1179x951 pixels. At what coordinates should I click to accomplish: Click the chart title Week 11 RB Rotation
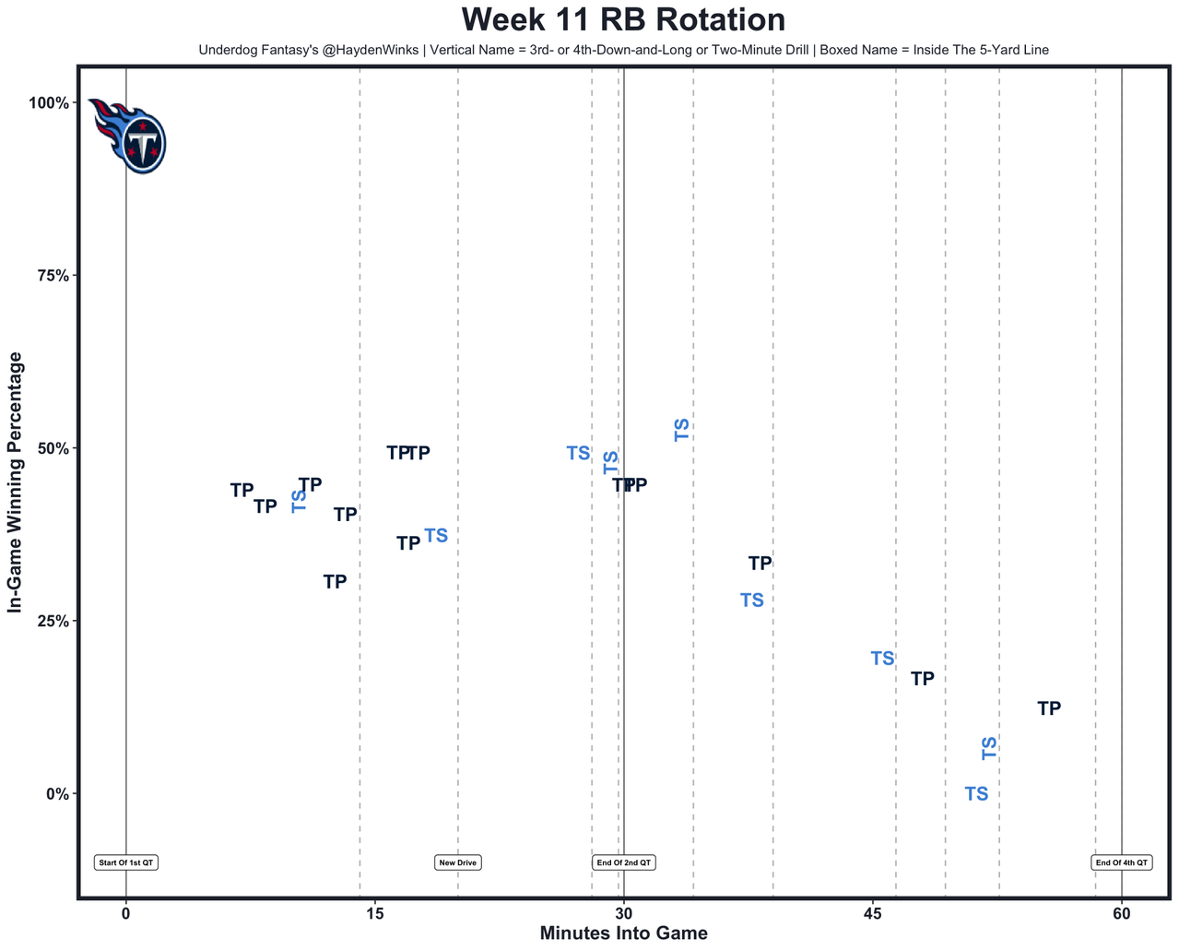tap(623, 20)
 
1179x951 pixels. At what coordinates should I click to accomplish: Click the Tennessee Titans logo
tap(129, 135)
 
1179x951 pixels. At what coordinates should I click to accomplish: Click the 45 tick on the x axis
tap(872, 914)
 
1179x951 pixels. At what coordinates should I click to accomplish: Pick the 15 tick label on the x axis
tap(374, 914)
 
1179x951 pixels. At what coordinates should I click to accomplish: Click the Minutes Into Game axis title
tap(623, 933)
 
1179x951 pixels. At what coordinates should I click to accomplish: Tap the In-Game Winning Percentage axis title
tap(15, 482)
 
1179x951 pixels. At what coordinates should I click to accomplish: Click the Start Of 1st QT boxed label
tap(126, 862)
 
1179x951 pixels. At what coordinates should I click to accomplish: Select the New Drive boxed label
tap(458, 862)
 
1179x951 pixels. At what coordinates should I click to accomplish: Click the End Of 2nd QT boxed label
tap(624, 862)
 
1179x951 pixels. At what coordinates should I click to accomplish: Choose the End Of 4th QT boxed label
tap(1121, 862)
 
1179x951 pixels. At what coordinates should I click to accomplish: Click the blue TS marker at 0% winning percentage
tap(976, 793)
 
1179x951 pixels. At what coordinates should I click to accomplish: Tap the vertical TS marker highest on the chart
tap(682, 429)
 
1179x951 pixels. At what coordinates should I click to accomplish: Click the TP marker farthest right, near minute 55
tap(1049, 708)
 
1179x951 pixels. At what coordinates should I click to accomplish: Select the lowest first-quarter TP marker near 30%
tap(335, 582)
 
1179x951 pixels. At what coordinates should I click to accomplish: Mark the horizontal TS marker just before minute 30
tap(578, 453)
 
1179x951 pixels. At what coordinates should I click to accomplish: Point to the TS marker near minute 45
tap(882, 659)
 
